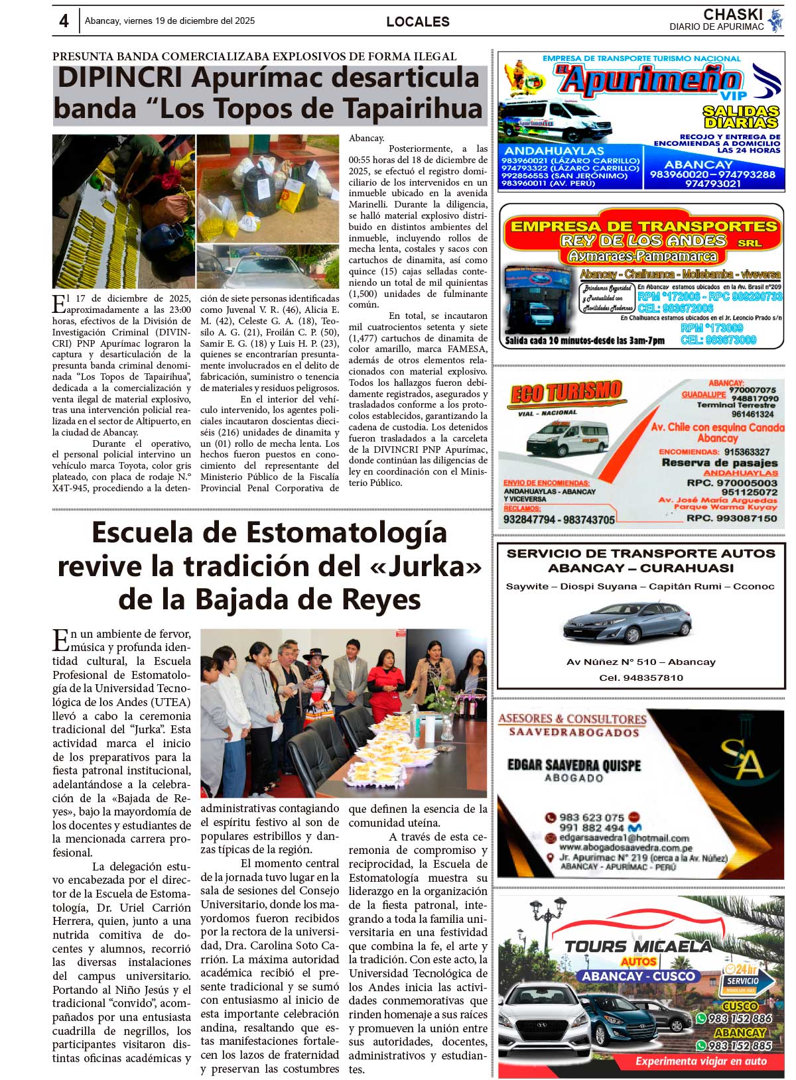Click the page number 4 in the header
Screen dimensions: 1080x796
point(64,21)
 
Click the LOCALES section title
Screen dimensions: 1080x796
point(417,22)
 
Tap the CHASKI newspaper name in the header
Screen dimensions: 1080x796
point(732,15)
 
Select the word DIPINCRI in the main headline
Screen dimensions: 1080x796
point(119,78)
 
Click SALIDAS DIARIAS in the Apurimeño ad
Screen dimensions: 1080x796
point(740,117)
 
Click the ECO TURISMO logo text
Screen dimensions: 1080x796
point(566,392)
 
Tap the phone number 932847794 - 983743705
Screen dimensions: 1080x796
point(559,520)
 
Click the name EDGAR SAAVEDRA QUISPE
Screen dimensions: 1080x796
point(574,765)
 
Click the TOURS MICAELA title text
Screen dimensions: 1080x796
point(637,946)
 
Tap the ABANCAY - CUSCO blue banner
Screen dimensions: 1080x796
point(639,976)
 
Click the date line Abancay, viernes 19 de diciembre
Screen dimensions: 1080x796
point(170,21)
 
